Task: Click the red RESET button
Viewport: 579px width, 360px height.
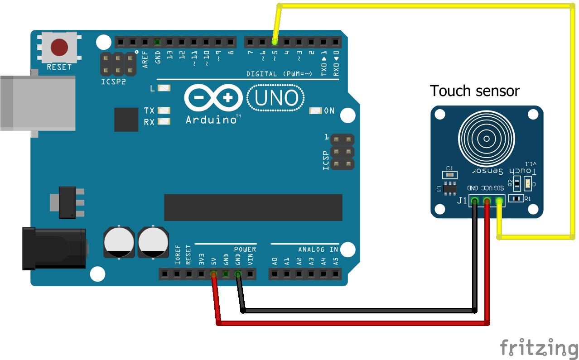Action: coord(59,47)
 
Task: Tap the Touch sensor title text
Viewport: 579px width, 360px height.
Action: coord(474,91)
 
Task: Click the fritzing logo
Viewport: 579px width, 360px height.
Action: coord(539,348)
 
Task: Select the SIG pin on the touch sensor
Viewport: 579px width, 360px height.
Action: coord(499,200)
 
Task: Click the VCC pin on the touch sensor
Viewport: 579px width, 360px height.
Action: coord(487,200)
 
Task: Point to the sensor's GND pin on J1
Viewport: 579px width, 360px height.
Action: coord(474,200)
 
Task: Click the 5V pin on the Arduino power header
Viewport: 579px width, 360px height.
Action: coord(213,274)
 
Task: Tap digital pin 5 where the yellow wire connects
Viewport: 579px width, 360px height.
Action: coord(275,42)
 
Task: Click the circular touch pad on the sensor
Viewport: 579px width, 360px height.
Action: coord(487,137)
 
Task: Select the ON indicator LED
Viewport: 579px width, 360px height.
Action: coord(315,110)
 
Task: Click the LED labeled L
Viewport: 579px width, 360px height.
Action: coord(164,88)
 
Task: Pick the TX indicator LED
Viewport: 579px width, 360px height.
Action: coord(164,110)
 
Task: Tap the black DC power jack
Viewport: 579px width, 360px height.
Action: coord(53,249)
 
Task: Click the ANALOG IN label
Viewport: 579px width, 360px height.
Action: coord(318,250)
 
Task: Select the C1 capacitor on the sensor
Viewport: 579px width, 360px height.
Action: coord(449,175)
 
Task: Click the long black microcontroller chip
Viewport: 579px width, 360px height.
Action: coord(253,207)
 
